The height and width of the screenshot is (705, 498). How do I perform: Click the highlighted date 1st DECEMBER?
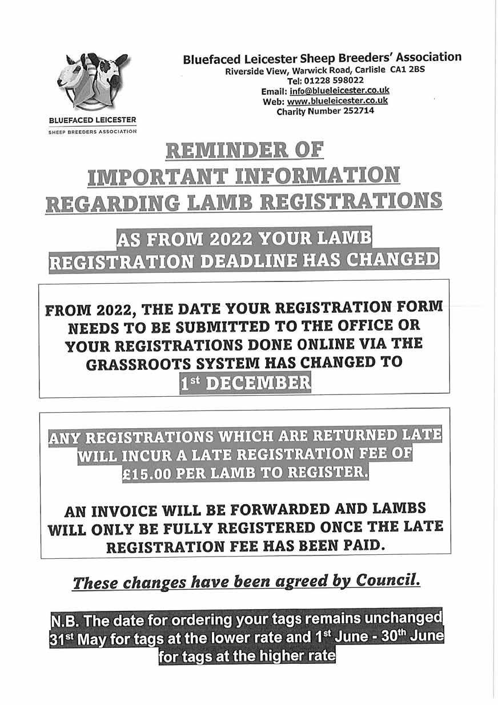[x=245, y=382]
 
